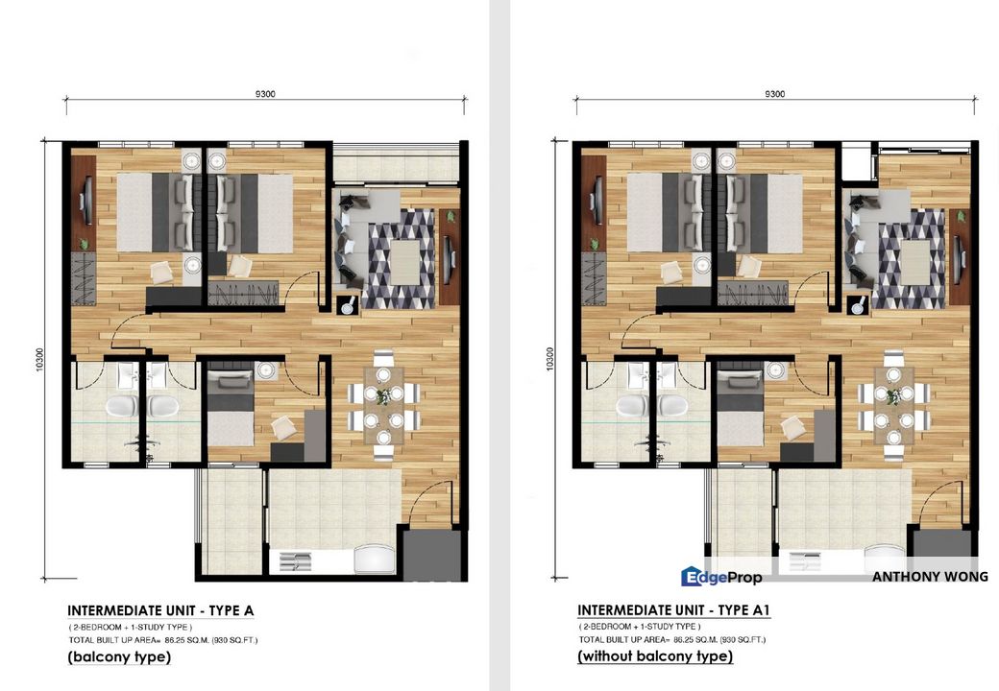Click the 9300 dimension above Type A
(x=266, y=94)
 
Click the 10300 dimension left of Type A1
(x=550, y=359)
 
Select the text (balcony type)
(x=119, y=657)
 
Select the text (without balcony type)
(x=655, y=657)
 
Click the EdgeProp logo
(x=721, y=577)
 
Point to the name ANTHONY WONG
(x=929, y=577)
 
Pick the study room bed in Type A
(x=231, y=413)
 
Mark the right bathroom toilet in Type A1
(x=669, y=408)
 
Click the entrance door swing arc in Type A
(x=432, y=499)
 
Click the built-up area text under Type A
(x=161, y=639)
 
